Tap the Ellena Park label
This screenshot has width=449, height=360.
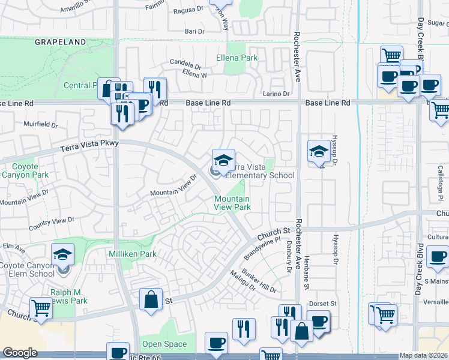237,58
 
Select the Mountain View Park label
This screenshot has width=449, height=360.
232,202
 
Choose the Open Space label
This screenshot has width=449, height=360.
164,344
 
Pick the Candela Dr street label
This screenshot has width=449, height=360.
185,64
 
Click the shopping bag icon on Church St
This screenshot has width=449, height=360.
151,299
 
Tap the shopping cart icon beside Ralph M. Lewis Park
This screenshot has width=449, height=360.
41,308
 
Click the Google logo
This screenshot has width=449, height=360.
20,353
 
